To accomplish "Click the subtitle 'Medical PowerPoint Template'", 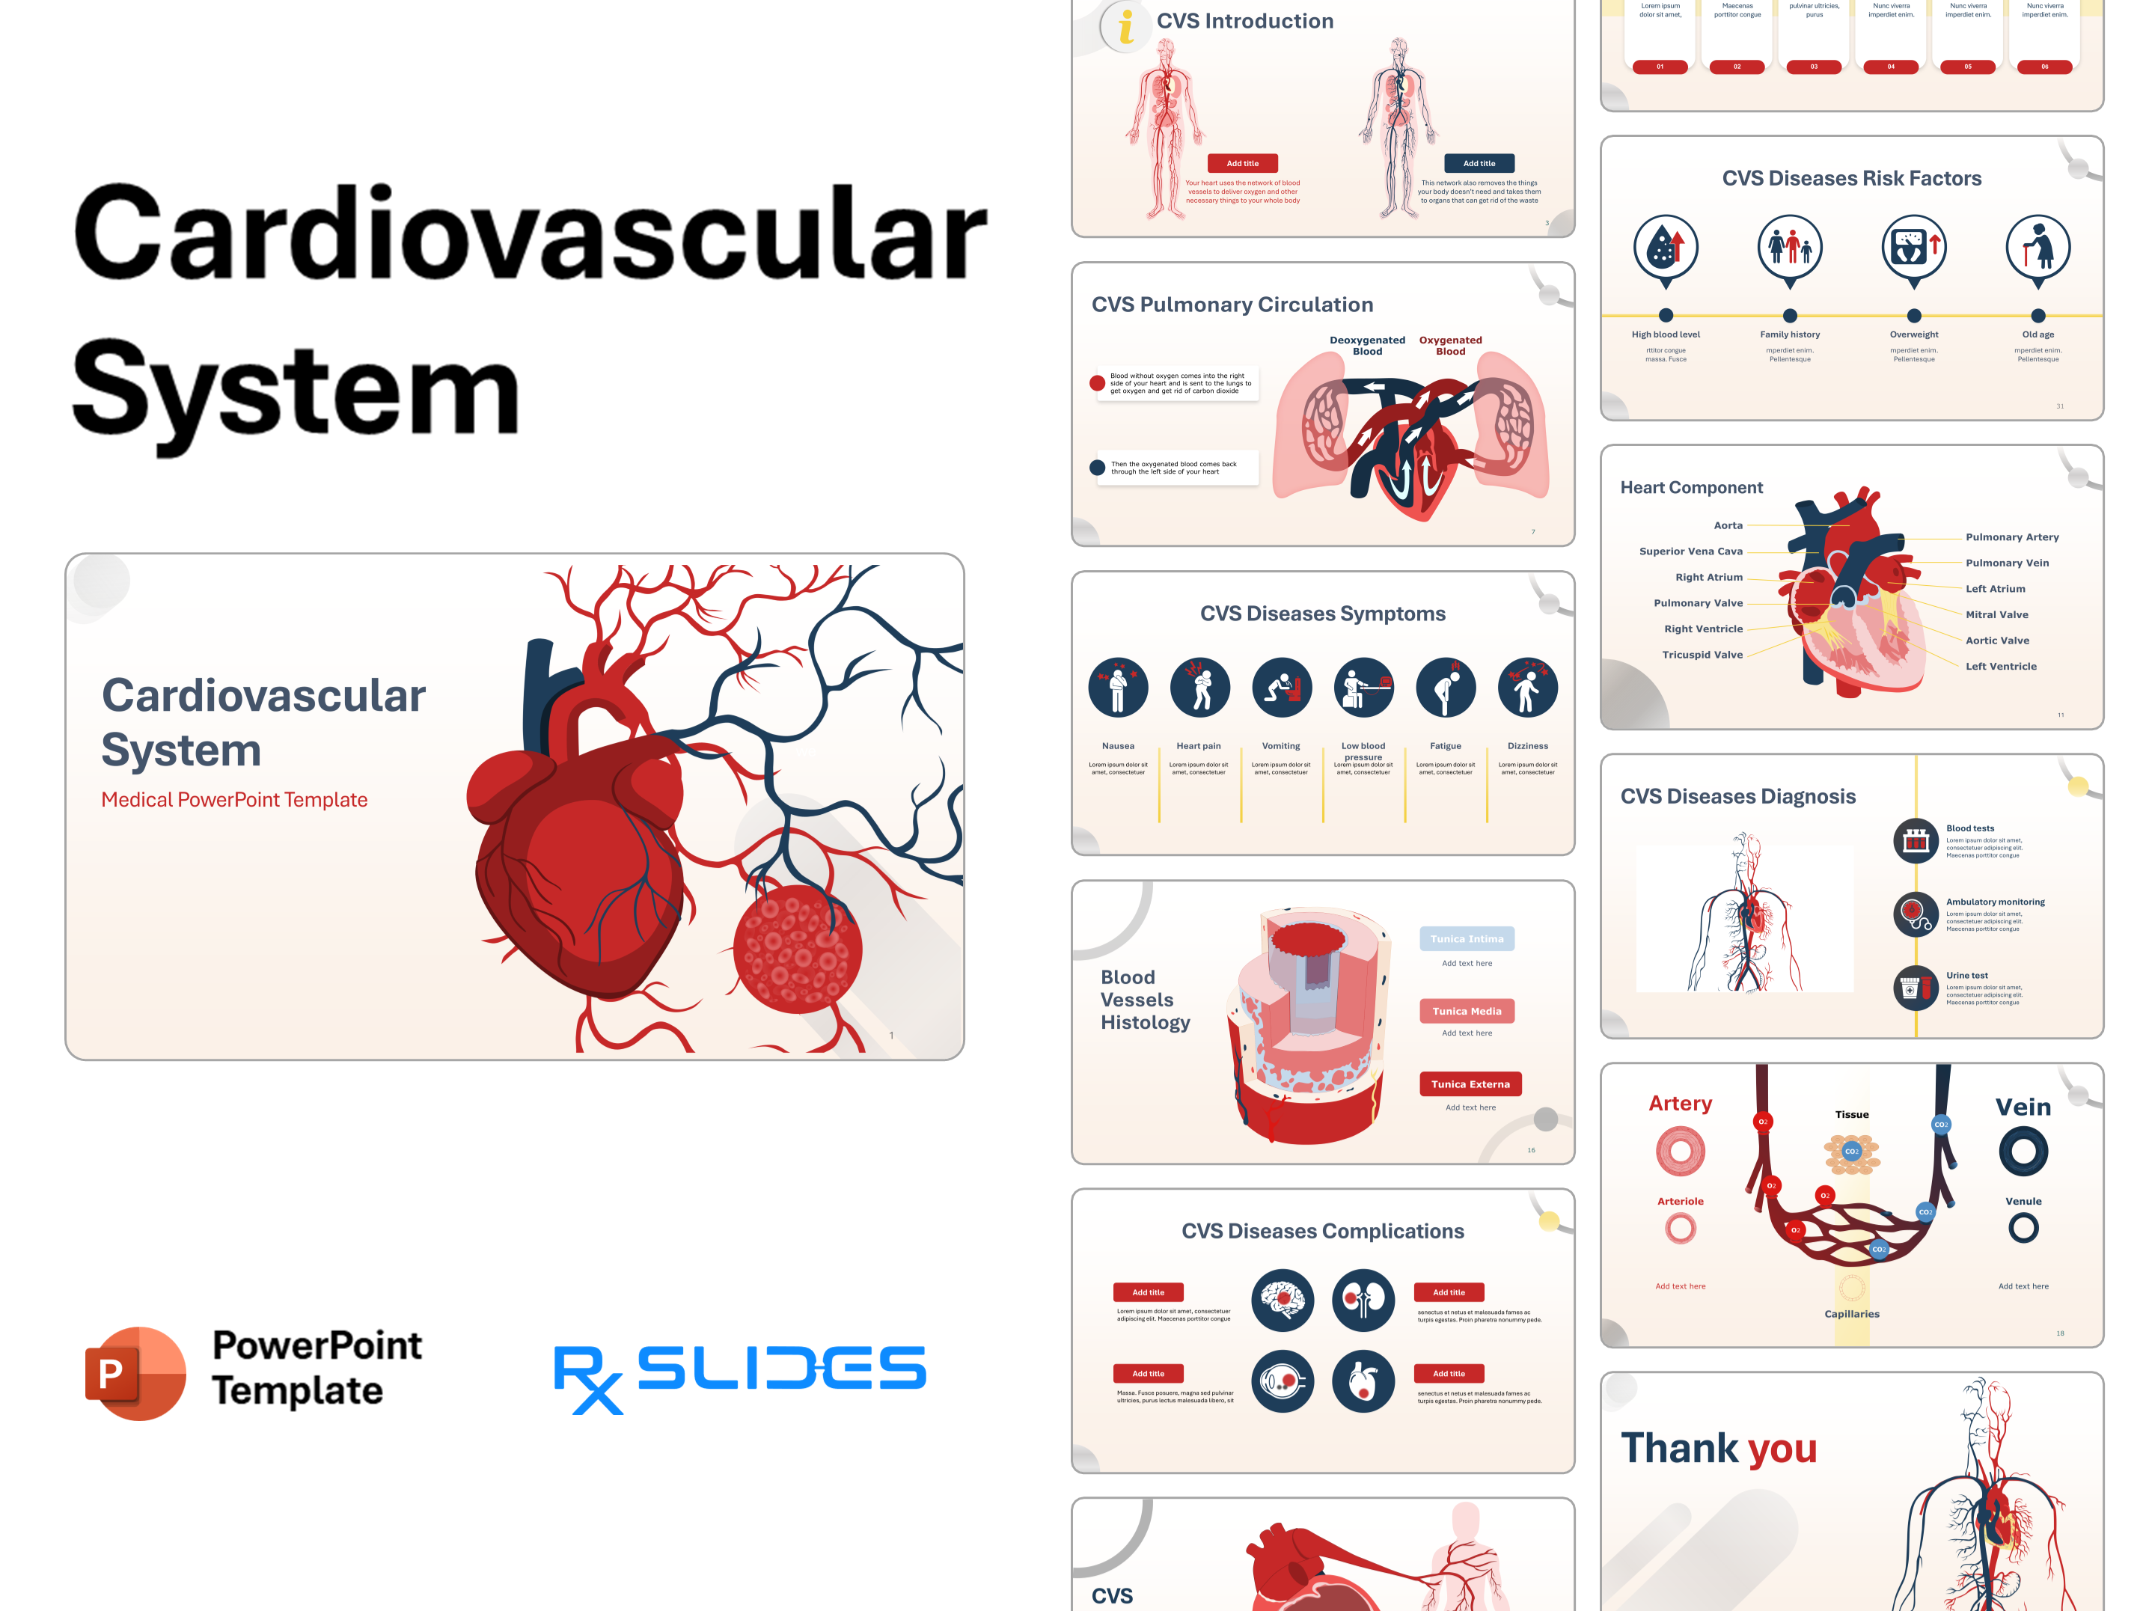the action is [233, 799].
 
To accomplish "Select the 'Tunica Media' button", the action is [1466, 1011].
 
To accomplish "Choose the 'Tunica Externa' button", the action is [1470, 1083].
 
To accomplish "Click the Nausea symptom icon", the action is [1118, 688].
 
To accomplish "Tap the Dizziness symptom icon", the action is [1527, 688].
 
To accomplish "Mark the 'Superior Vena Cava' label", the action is [1690, 551].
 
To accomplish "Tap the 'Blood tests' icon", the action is [1915, 841].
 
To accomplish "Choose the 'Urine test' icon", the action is [1915, 988].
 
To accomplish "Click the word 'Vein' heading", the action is [2023, 1107].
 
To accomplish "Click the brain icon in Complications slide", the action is [1282, 1300].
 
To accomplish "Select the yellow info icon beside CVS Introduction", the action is [1125, 26].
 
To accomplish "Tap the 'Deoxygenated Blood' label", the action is [1367, 345].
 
